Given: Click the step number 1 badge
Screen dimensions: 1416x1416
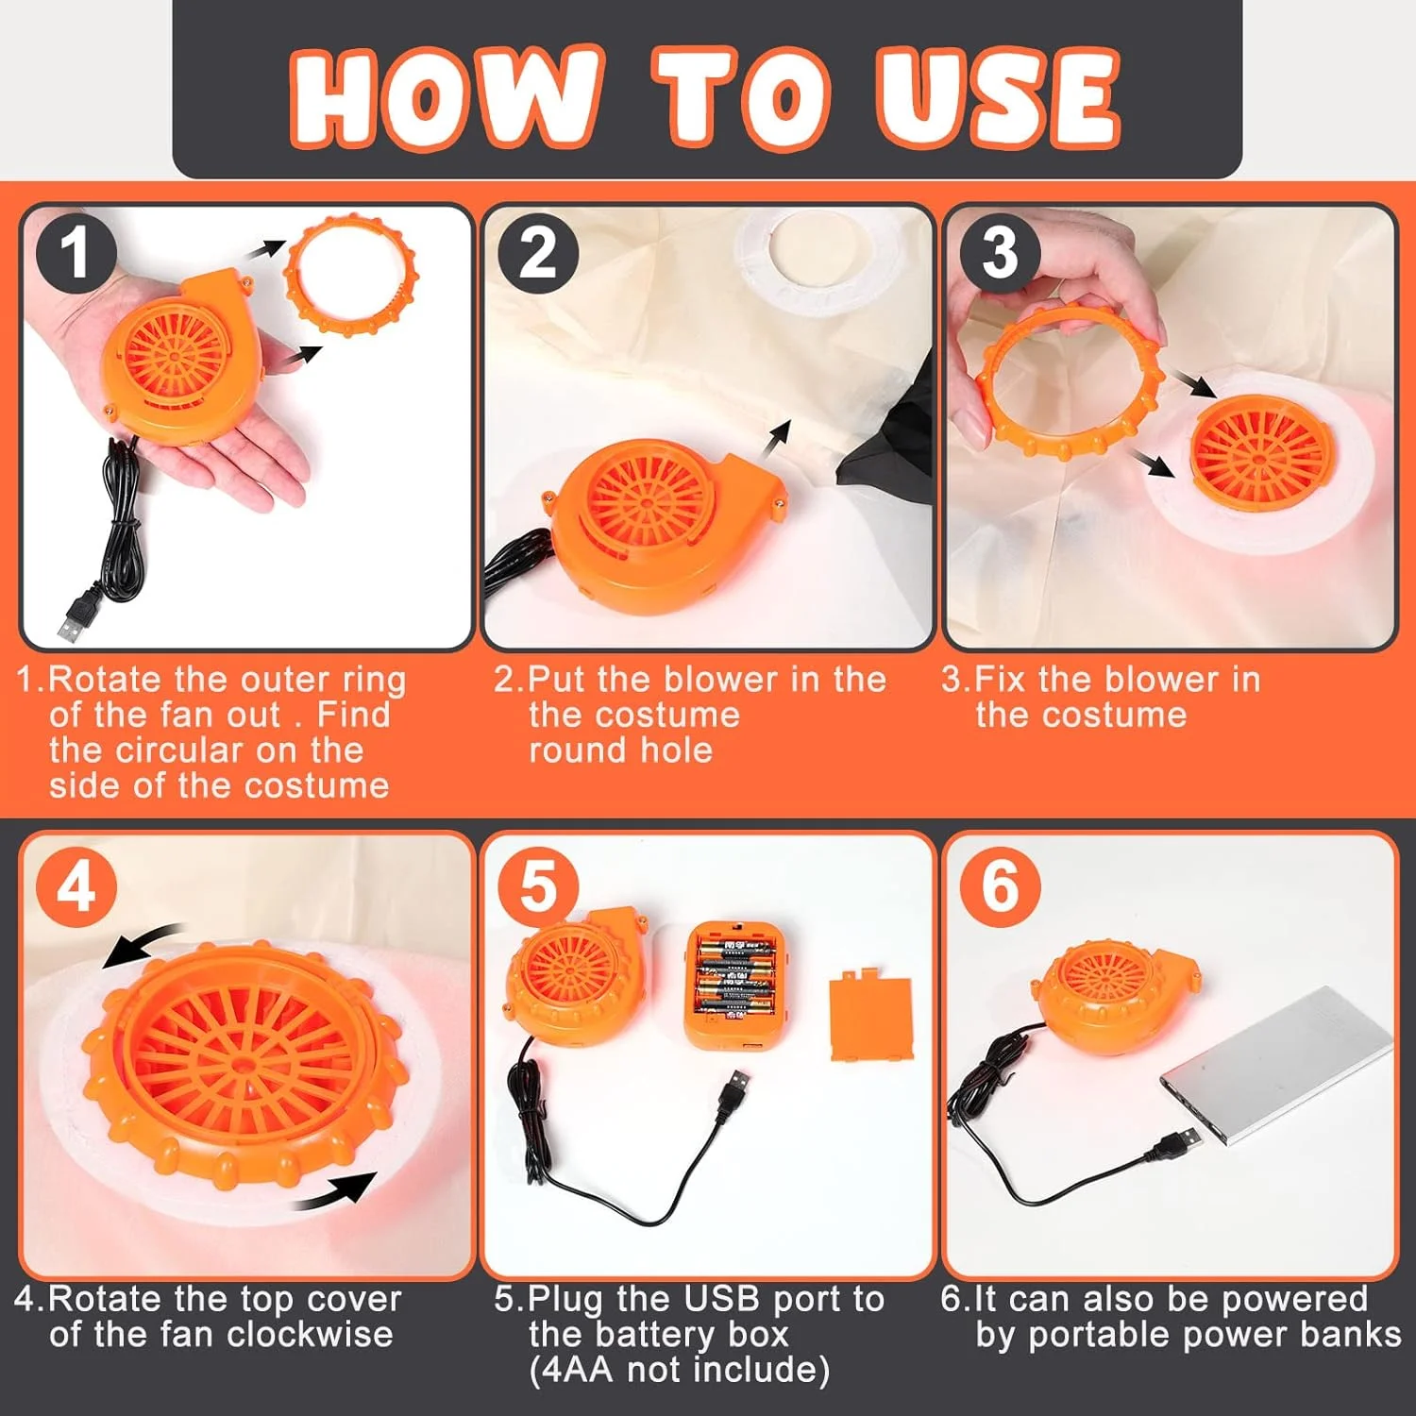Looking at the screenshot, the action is click(x=76, y=253).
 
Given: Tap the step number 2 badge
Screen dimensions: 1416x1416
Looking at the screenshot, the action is click(x=538, y=253).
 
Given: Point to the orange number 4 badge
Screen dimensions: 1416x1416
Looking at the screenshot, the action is click(x=76, y=887).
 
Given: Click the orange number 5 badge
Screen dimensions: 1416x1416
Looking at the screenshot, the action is click(x=538, y=887).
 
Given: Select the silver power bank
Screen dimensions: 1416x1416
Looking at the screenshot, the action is click(x=1277, y=1065).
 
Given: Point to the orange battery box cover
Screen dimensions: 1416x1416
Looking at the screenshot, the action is click(x=870, y=1018).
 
